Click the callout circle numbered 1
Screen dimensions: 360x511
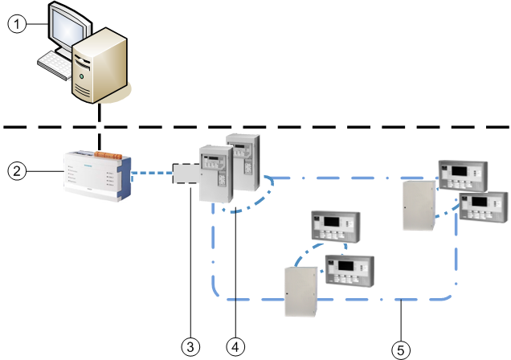point(16,24)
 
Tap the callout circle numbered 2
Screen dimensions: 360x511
point(16,170)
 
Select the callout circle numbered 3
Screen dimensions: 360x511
point(190,346)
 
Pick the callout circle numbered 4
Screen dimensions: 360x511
point(235,346)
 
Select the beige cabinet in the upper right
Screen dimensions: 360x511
point(418,204)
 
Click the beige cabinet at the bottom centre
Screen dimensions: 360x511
point(302,291)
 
